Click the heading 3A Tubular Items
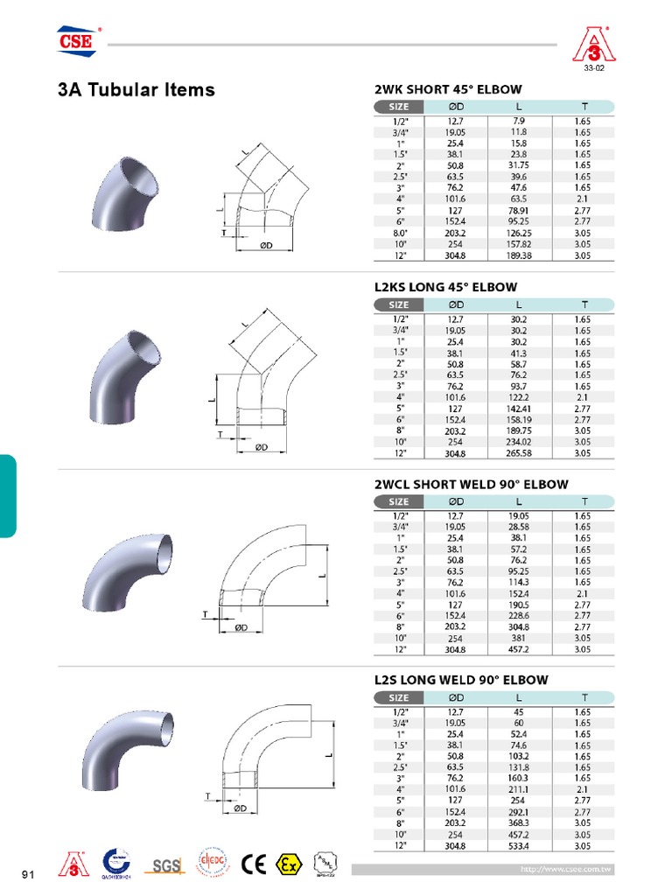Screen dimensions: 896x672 tap(136, 89)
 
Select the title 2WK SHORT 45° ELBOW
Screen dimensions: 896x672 tap(448, 89)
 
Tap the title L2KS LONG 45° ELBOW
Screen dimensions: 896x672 tap(445, 287)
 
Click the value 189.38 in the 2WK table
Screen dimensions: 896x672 tap(520, 256)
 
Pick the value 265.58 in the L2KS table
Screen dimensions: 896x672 tap(520, 453)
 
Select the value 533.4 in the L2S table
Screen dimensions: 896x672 tap(520, 846)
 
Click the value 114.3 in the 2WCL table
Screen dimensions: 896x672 tap(520, 582)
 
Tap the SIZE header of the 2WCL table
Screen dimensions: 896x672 tap(399, 501)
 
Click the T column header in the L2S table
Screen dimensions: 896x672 tap(583, 697)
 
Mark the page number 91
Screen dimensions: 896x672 tap(27, 874)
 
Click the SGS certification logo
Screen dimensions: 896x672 tap(165, 865)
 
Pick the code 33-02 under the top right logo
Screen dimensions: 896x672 tap(594, 67)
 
